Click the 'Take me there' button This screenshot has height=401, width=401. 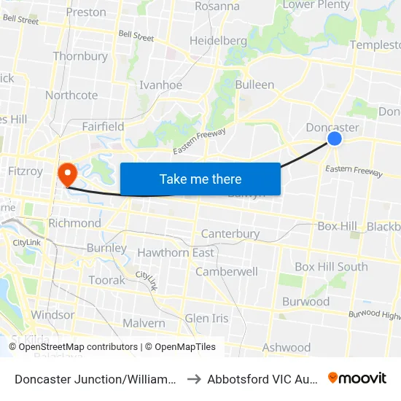(x=200, y=179)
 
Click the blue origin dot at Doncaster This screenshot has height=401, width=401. (x=335, y=138)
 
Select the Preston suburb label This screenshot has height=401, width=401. (x=85, y=12)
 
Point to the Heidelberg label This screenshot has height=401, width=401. (x=218, y=41)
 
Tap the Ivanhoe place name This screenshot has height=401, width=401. (x=160, y=85)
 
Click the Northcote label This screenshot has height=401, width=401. (x=71, y=95)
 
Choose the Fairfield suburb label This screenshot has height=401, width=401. (x=103, y=126)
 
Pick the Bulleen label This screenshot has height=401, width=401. (x=254, y=85)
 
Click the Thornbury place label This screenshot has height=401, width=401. (x=80, y=56)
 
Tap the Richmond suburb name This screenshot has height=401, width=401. (x=74, y=223)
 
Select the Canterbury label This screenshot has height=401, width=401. (x=230, y=234)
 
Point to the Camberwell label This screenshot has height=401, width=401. (x=226, y=271)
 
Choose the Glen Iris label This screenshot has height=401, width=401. (x=206, y=319)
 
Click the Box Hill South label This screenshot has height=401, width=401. (x=331, y=267)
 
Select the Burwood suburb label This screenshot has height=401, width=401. (x=306, y=301)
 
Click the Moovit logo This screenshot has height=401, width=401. (x=357, y=378)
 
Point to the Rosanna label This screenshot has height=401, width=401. (x=217, y=6)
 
